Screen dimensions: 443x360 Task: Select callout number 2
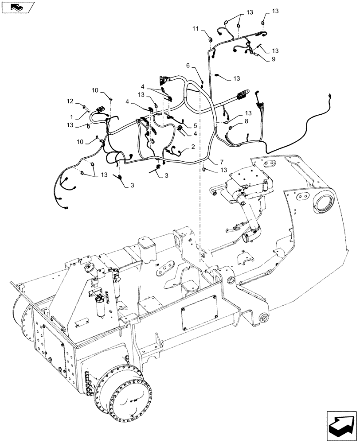point(193,146)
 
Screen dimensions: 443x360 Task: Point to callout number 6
point(188,66)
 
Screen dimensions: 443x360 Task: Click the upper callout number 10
point(95,90)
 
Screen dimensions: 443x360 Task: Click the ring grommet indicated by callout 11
point(210,40)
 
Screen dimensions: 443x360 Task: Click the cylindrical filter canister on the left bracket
point(101,307)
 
